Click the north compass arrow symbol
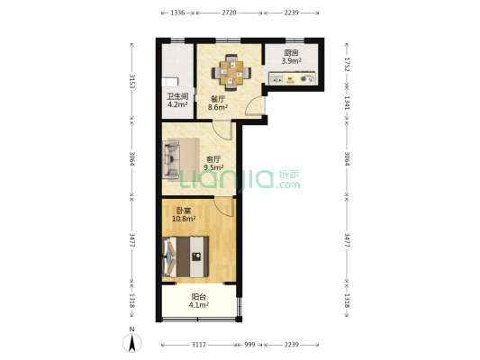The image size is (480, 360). tap(132, 343)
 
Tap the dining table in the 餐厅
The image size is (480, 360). tap(231, 73)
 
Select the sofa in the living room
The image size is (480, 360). tap(181, 159)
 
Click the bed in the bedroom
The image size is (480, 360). tap(186, 256)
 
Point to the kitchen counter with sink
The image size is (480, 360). tap(292, 78)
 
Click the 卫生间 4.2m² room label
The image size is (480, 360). tap(177, 100)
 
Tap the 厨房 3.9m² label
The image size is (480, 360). tap(291, 57)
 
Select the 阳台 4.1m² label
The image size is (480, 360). tap(199, 301)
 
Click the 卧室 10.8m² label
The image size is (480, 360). tap(184, 214)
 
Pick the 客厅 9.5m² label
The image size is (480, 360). tap(213, 163)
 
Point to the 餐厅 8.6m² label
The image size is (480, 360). tap(218, 103)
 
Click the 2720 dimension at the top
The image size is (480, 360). tap(229, 13)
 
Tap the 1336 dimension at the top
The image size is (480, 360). tap(177, 13)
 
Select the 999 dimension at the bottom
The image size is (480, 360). tap(249, 345)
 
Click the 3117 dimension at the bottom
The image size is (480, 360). tap(199, 345)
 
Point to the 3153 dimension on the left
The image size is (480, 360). tap(132, 81)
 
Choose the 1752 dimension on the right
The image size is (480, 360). tap(347, 64)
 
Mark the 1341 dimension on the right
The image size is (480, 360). tap(347, 103)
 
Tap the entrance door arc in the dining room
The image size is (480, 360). tap(253, 105)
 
